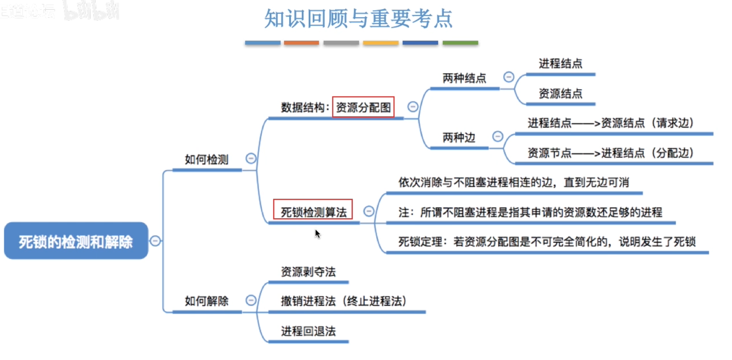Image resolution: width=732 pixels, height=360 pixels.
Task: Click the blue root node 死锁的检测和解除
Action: (76, 241)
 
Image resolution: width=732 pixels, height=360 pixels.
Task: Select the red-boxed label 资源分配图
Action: (363, 107)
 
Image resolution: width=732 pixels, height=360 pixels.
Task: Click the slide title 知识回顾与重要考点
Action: (358, 18)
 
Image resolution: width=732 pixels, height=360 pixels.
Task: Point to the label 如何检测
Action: (207, 160)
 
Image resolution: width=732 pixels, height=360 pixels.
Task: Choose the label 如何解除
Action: (207, 301)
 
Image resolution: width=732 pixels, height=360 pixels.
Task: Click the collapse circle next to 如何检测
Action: (251, 159)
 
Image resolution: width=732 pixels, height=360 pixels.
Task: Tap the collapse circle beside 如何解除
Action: (251, 300)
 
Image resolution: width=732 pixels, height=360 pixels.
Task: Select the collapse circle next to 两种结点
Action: (508, 77)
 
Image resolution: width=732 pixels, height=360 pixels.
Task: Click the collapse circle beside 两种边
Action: (498, 136)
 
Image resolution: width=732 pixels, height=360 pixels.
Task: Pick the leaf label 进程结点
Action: (560, 64)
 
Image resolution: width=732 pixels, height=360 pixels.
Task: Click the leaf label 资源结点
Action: (560, 94)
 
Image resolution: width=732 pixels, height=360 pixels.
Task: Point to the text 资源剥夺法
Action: (308, 272)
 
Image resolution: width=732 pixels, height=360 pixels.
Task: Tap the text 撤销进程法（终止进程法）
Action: (344, 302)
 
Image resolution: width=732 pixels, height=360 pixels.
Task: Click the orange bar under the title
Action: (301, 43)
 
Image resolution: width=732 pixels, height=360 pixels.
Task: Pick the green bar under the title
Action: (460, 43)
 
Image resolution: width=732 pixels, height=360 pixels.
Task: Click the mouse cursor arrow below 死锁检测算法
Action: (318, 234)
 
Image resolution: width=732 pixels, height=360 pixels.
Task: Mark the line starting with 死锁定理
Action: (547, 242)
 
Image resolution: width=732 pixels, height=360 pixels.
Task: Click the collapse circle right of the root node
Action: (155, 241)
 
